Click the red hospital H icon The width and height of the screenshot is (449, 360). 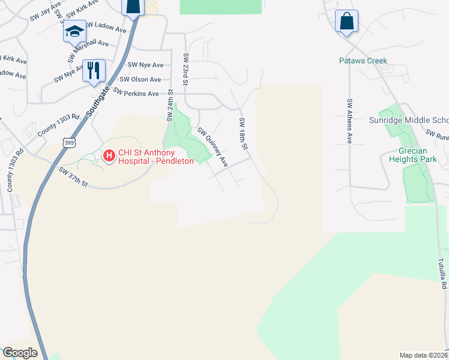coord(109,156)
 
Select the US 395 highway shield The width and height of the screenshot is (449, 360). coord(69,143)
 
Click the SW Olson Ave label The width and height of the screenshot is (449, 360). coord(140,79)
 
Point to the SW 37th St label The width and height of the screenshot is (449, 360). coord(74,178)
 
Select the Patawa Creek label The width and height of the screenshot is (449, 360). coord(363,61)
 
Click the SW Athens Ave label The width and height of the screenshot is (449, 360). coord(349,121)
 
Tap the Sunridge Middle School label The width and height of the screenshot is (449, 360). coord(414,119)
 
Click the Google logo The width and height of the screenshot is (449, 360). coord(20,353)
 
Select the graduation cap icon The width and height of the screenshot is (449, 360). coord(74,31)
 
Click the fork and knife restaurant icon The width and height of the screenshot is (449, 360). coord(94,70)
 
